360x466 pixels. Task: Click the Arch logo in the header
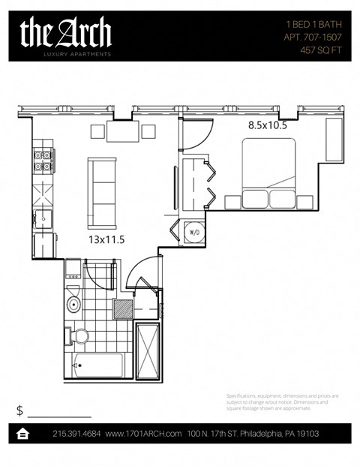66,35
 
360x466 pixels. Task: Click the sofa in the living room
102,193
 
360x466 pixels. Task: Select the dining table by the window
124,131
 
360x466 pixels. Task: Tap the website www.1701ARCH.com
143,434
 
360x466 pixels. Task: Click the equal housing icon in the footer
22,434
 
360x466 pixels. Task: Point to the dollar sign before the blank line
19,410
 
